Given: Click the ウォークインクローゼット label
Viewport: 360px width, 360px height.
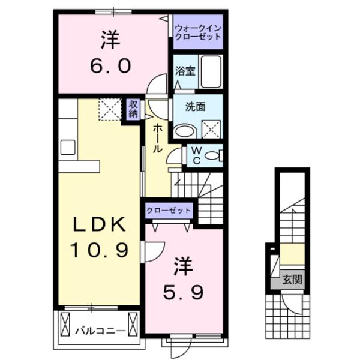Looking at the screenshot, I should [198, 32].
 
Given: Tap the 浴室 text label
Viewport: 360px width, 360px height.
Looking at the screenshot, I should [185, 71].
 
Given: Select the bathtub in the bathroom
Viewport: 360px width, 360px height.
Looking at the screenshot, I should [211, 72].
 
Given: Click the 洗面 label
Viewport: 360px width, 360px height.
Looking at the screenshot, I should [196, 107].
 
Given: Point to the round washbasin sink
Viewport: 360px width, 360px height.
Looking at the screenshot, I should [182, 131].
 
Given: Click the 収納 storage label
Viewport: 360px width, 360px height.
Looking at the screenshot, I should [133, 110].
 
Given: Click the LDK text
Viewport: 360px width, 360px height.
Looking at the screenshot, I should [100, 225].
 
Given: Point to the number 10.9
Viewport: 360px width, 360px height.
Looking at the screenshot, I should [100, 250].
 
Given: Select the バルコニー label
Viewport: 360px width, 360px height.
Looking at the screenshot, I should [100, 329].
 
